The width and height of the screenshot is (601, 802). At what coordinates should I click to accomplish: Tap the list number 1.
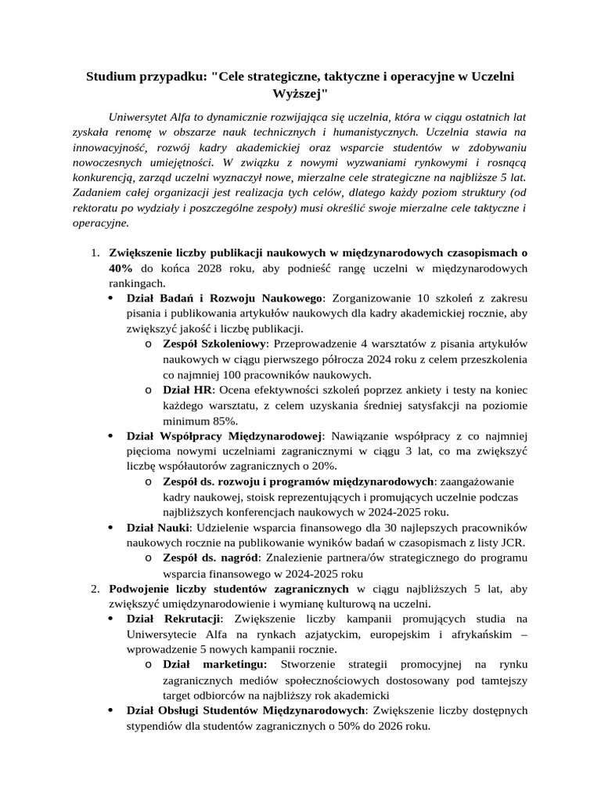pos(93,253)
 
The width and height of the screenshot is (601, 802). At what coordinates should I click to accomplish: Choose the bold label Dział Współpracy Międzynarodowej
pos(225,435)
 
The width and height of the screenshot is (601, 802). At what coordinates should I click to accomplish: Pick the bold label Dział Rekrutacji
pos(174,619)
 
